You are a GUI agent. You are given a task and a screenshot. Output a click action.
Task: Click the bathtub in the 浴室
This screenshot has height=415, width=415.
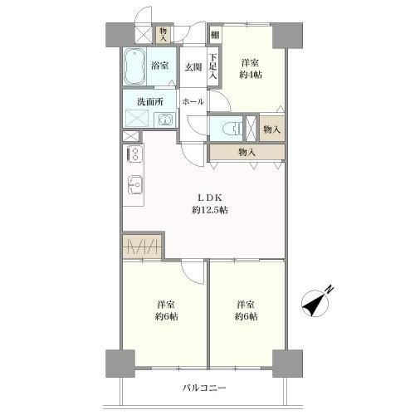tap(134, 67)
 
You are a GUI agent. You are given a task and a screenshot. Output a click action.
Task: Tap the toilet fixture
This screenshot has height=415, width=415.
tap(232, 129)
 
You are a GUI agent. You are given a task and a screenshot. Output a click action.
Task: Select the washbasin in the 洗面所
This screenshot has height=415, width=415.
tap(164, 120)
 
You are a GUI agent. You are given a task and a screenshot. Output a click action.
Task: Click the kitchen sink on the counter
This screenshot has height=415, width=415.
tap(135, 184)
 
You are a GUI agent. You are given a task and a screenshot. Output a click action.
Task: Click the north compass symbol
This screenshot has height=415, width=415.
tap(315, 304)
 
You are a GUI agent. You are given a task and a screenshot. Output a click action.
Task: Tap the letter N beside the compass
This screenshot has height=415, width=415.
tap(330, 289)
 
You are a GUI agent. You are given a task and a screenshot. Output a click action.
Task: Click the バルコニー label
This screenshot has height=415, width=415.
tap(204, 388)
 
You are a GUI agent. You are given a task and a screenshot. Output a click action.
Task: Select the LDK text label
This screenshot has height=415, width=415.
tap(210, 198)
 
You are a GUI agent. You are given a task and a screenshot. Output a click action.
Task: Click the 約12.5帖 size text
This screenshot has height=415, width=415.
tap(210, 210)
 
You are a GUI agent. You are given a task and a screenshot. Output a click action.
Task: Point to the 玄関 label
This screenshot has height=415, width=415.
tap(193, 67)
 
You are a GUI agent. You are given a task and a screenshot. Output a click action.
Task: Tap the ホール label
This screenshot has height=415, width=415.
tap(193, 102)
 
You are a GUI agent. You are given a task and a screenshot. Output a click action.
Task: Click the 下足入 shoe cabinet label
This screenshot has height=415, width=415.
tap(213, 66)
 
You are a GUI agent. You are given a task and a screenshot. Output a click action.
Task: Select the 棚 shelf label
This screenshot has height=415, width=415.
tap(215, 35)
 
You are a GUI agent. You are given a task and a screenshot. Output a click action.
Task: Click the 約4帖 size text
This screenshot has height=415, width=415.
tap(251, 75)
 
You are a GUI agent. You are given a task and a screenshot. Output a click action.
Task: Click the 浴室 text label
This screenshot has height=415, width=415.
tap(160, 66)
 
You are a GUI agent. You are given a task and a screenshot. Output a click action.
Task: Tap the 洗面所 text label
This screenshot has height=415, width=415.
tap(150, 102)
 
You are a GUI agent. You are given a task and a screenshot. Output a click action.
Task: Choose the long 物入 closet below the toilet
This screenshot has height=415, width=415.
tap(247, 152)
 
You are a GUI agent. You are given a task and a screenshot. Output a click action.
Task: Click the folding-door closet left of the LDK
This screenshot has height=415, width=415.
tap(142, 246)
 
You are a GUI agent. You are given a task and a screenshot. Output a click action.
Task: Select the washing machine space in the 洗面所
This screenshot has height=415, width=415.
tap(137, 119)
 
